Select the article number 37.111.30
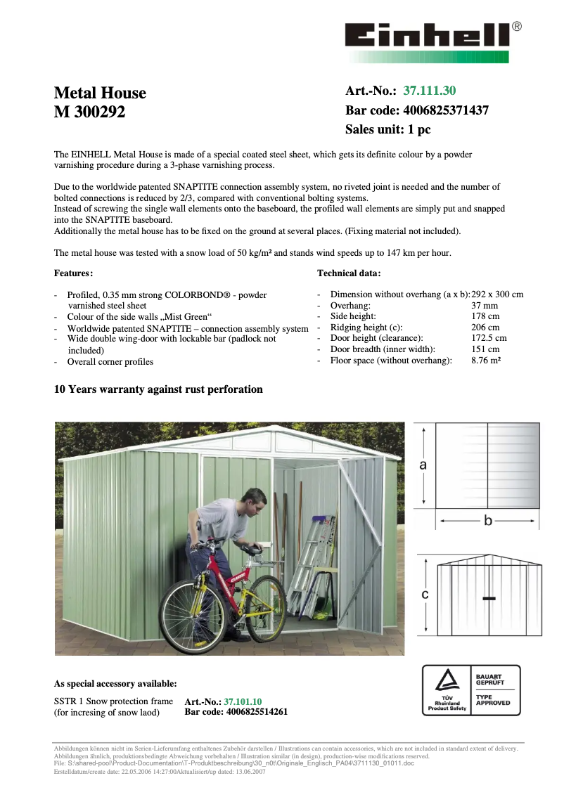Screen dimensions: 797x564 click(429, 91)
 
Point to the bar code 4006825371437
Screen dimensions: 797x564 click(445, 110)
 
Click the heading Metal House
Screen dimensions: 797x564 click(100, 93)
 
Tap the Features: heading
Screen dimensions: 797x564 click(73, 273)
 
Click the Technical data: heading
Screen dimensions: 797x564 click(349, 273)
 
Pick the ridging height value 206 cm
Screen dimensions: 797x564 click(485, 328)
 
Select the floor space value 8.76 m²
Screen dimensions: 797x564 click(486, 361)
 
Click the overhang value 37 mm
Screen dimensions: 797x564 click(484, 306)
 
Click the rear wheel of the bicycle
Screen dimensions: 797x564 click(184, 614)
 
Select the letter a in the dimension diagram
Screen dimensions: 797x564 click(423, 465)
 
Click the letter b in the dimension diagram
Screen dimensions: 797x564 click(487, 521)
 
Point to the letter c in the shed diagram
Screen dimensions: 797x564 click(425, 595)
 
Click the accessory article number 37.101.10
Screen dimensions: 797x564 click(243, 701)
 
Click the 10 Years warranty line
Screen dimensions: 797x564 click(158, 389)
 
